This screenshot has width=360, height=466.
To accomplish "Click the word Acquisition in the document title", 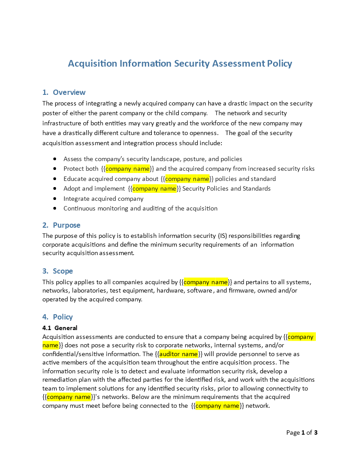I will click(93, 64).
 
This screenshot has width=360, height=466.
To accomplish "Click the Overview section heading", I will click(69, 92).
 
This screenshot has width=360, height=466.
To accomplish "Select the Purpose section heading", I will click(66, 225).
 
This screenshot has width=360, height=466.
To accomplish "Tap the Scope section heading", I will click(63, 271).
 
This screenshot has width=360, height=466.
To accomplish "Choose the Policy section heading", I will click(63, 317).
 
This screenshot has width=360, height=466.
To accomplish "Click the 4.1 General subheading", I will click(60, 328).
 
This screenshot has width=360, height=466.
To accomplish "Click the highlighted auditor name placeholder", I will click(178, 354).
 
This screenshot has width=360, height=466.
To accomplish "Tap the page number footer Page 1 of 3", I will click(302, 432).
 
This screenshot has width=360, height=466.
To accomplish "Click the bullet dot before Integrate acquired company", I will click(55, 199).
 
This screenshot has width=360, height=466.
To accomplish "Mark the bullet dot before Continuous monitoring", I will click(55, 208).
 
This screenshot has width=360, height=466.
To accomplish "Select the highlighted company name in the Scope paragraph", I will click(206, 282).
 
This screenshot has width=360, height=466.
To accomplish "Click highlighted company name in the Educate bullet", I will click(187, 179).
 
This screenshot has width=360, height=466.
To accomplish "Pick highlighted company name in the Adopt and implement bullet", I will click(154, 188).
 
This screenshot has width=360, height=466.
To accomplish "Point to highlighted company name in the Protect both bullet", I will click(127, 169).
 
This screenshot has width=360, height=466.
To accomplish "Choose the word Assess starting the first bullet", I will click(73, 159).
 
